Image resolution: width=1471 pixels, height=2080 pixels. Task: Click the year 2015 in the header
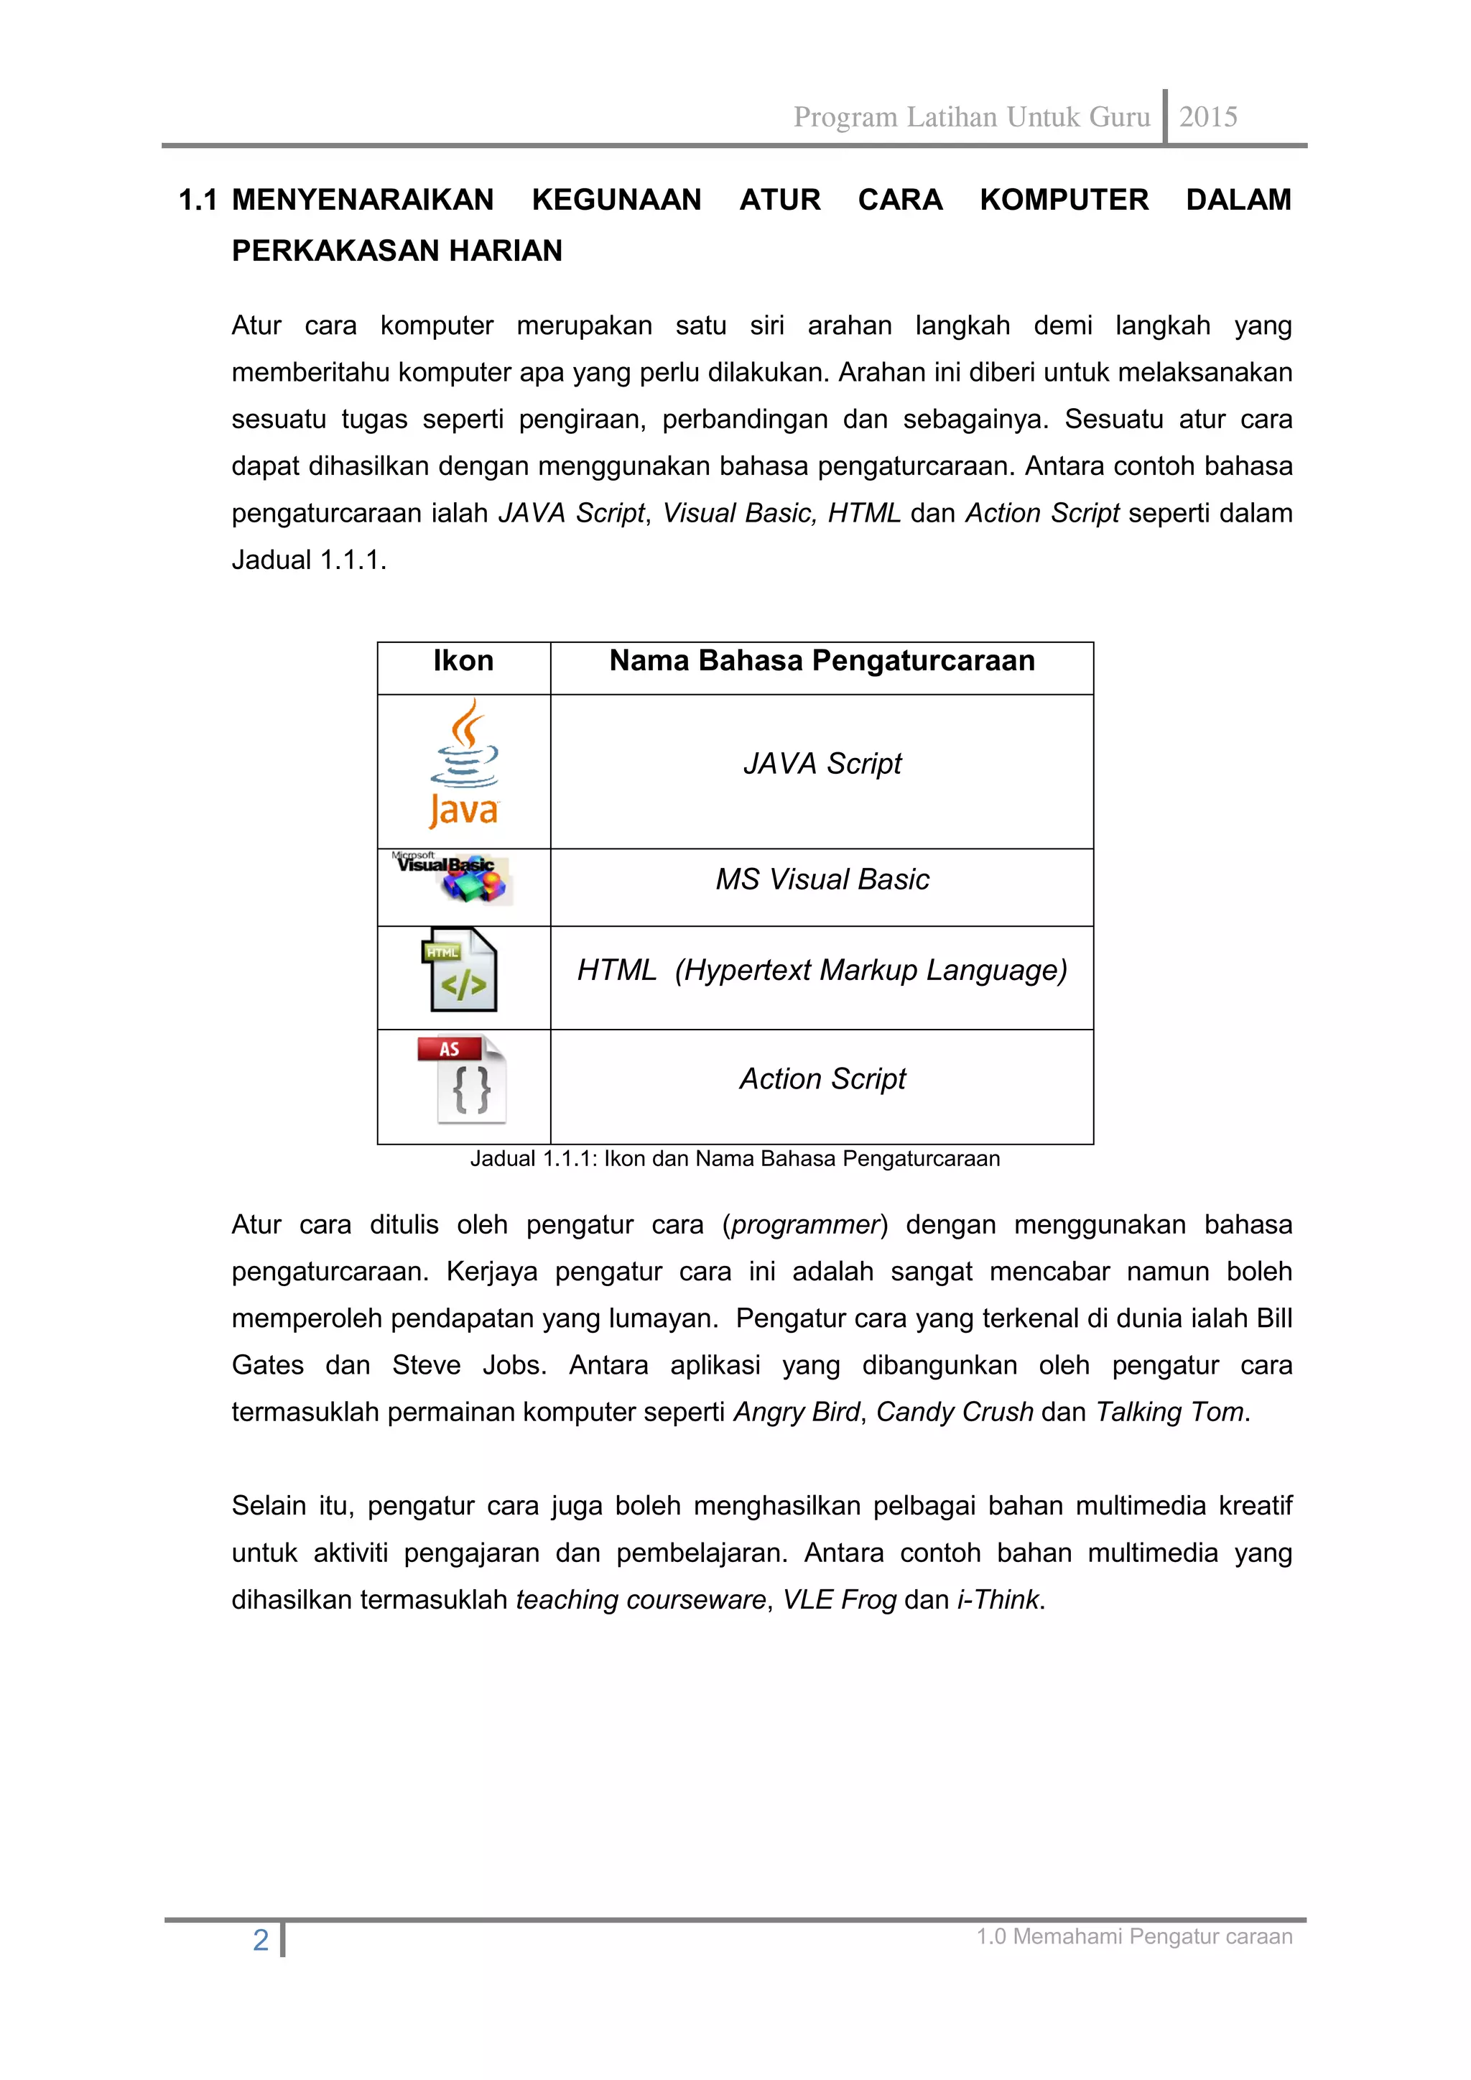click(x=1207, y=117)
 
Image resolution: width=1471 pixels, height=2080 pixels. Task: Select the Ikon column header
click(x=463, y=661)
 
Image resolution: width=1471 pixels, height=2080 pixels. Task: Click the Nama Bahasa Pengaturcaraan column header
click(x=822, y=661)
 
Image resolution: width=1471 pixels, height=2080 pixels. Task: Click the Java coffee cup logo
click(x=464, y=764)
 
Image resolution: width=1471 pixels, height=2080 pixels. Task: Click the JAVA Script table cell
click(x=822, y=764)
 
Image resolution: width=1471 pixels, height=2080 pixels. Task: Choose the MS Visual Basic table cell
click(x=822, y=879)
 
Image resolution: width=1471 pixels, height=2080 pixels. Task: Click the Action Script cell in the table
click(x=822, y=1079)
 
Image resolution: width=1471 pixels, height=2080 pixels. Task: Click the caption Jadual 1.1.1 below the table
click(x=735, y=1159)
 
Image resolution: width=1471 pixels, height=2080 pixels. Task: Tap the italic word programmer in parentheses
click(x=805, y=1225)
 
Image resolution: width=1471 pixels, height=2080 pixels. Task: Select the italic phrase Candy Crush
click(x=954, y=1413)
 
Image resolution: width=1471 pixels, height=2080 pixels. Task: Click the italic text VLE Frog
click(x=839, y=1600)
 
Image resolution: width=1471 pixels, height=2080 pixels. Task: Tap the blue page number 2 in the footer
click(x=261, y=1941)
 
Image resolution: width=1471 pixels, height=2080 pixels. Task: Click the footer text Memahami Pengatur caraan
click(x=1152, y=1937)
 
